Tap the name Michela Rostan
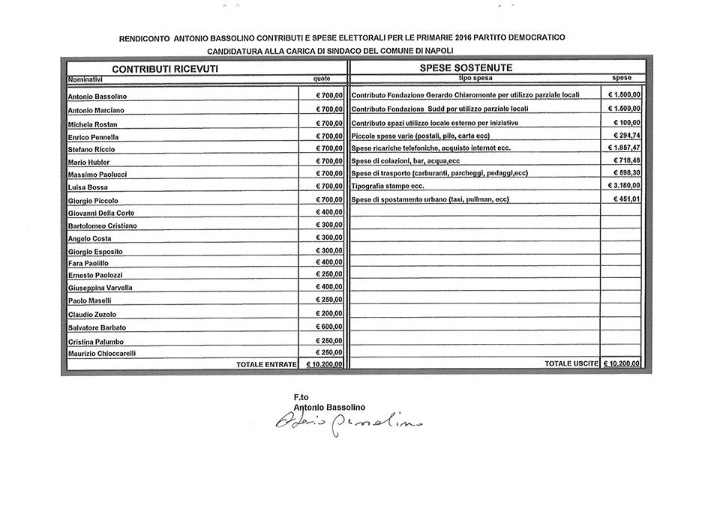92,124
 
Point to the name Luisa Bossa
88,187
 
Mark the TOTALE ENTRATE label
266,365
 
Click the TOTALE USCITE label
571,364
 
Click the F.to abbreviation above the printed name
301,396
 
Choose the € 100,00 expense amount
626,123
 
